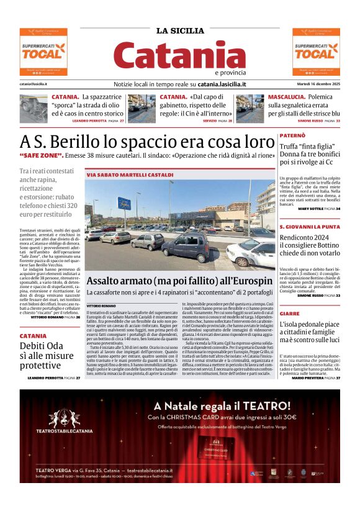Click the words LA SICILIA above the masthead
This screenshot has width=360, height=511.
coord(179,31)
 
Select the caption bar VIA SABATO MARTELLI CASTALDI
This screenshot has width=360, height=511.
coord(121,175)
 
